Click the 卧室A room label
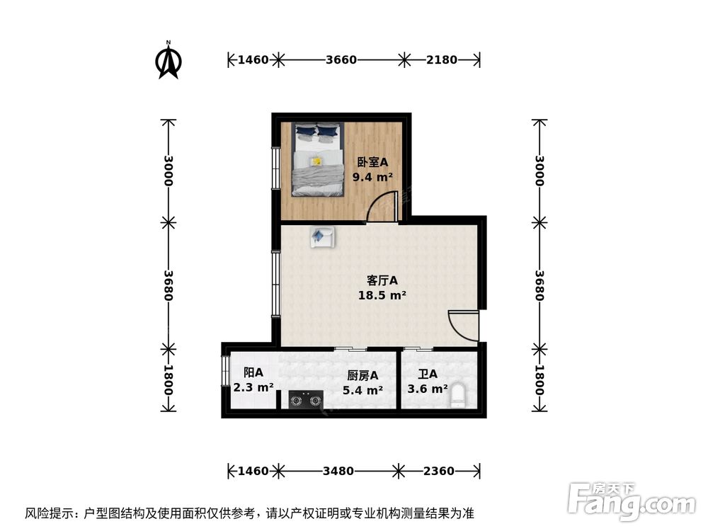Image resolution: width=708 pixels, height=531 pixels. click(x=372, y=162)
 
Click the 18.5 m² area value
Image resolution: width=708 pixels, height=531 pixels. click(x=382, y=295)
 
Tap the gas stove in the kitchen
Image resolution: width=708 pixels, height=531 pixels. click(x=305, y=401)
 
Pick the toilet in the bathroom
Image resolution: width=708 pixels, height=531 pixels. click(x=458, y=395)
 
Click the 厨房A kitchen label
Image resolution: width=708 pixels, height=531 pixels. click(x=362, y=375)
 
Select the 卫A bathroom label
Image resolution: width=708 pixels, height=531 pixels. click(x=427, y=374)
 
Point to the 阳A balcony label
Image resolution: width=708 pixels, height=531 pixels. click(x=253, y=372)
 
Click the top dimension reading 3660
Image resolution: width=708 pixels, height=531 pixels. click(x=341, y=59)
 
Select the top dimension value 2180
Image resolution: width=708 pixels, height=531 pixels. click(x=442, y=59)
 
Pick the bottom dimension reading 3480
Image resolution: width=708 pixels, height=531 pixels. click(x=338, y=471)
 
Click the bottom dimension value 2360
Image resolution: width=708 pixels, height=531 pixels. click(x=439, y=471)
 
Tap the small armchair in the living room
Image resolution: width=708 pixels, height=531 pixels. click(x=321, y=236)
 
